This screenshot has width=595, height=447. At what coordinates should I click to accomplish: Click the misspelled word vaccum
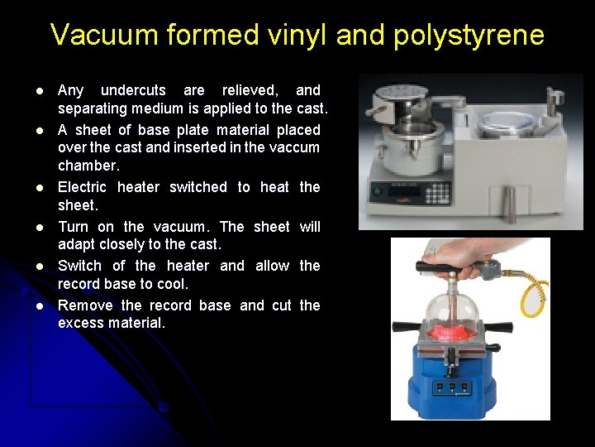coord(294,147)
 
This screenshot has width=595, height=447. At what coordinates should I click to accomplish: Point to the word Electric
coord(83,187)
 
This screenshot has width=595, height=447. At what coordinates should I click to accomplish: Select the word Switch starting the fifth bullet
coord(79,266)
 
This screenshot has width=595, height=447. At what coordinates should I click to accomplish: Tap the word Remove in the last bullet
coord(85,305)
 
